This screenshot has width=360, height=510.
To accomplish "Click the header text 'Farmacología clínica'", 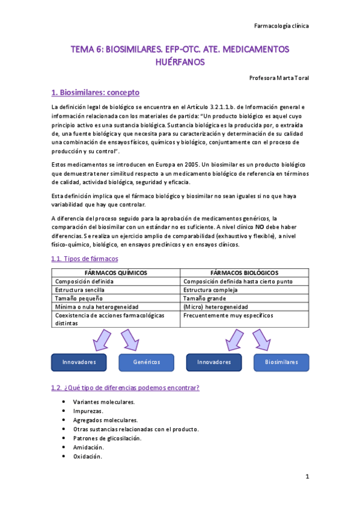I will [282, 26].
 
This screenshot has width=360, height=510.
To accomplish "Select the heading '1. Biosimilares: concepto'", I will [96, 93].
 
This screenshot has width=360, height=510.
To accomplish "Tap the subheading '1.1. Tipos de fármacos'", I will [85, 259].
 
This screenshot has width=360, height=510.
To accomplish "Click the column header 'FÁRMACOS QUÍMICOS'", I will [116, 272].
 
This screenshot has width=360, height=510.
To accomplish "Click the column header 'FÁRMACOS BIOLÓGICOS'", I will [245, 272].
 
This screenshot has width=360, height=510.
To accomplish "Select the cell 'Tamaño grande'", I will [204, 298].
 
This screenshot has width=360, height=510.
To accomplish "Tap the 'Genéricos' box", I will [146, 362].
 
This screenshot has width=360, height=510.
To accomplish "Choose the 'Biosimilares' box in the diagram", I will [281, 362].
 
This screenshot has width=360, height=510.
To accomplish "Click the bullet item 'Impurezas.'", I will [89, 411].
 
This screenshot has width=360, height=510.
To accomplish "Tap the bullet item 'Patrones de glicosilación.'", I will [107, 438].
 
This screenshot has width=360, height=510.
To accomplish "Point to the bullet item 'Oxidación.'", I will [88, 456].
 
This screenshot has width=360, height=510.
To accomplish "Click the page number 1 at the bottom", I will [307, 477].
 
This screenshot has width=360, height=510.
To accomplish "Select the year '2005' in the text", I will [191, 164].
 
